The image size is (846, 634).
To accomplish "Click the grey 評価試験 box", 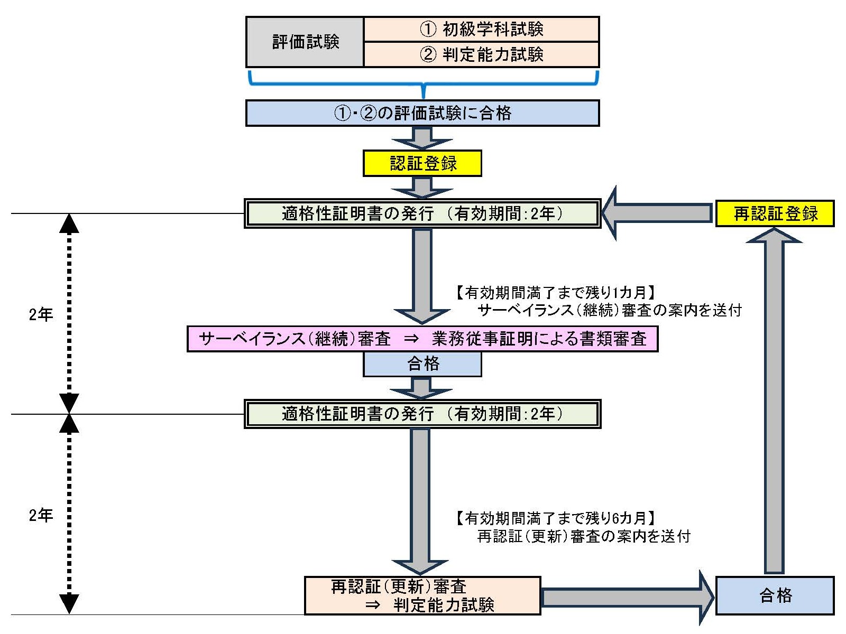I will pyautogui.click(x=305, y=42).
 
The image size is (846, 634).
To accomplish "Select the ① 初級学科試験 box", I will pyautogui.click(x=481, y=29).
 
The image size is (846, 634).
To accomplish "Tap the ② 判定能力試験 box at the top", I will pyautogui.click(x=481, y=54).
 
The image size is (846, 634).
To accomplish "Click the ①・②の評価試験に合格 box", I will pyautogui.click(x=422, y=113).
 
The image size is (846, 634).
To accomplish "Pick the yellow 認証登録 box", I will pyautogui.click(x=422, y=163).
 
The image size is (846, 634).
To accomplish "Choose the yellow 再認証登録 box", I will pyautogui.click(x=775, y=213).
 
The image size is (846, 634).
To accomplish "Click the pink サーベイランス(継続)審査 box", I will pyautogui.click(x=422, y=339).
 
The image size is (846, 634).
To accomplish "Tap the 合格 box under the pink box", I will pyautogui.click(x=422, y=364).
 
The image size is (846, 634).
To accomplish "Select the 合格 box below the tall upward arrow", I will pyautogui.click(x=775, y=595).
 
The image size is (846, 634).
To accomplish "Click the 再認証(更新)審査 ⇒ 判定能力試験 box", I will pyautogui.click(x=422, y=595).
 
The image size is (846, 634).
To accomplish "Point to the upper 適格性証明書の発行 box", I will pyautogui.click(x=422, y=213).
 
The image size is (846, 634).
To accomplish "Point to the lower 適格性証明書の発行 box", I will pyautogui.click(x=422, y=414).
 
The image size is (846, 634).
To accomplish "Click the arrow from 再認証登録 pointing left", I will pyautogui.click(x=658, y=213).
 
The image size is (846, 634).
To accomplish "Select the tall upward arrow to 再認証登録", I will pyautogui.click(x=774, y=402).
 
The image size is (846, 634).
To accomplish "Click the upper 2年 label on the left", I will pyautogui.click(x=41, y=315).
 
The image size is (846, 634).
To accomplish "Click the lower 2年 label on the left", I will pyautogui.click(x=41, y=515).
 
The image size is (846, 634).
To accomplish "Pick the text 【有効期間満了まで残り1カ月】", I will pyautogui.click(x=555, y=293).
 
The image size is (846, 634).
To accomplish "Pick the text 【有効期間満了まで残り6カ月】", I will pyautogui.click(x=555, y=518).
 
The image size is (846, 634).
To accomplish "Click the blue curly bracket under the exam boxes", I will pyautogui.click(x=422, y=85).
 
